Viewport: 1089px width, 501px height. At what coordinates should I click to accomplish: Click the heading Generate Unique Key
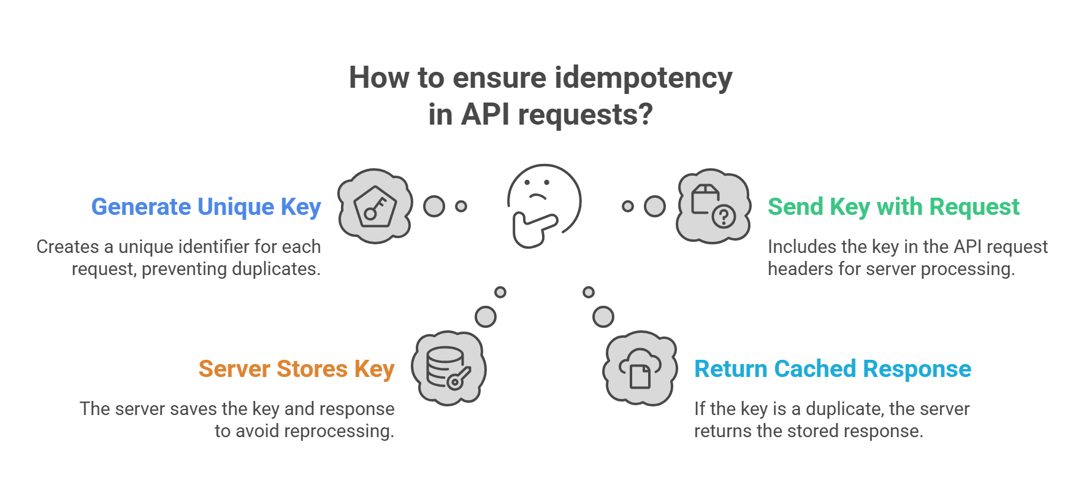tap(206, 207)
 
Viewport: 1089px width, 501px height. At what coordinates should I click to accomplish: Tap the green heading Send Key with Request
tap(893, 207)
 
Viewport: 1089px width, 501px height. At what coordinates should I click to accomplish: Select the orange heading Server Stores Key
tap(296, 369)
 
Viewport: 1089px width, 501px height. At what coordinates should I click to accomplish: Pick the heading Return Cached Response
tap(832, 369)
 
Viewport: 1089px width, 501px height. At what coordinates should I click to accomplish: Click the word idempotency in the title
tap(643, 78)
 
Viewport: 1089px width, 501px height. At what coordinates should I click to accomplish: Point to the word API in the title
tap(485, 115)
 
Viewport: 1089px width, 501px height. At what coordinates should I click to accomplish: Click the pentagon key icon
tap(375, 206)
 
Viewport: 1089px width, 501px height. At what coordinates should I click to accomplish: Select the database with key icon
tap(448, 368)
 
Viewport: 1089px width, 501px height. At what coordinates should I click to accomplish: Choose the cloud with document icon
tap(640, 368)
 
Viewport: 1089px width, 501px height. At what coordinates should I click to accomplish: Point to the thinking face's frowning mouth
tap(537, 196)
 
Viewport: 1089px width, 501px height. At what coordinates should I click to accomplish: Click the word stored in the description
tap(814, 431)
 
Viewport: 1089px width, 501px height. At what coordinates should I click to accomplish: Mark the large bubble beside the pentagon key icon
tap(434, 206)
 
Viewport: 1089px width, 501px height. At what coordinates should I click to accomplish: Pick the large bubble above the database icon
tap(486, 317)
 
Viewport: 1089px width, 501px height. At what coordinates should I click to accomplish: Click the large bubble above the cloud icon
tap(603, 317)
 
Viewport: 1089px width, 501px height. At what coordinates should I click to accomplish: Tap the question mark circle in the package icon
tap(724, 216)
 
